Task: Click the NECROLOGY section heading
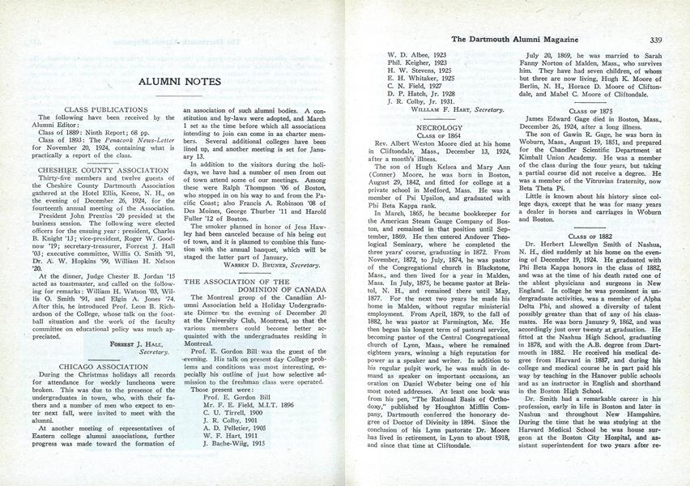439,127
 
